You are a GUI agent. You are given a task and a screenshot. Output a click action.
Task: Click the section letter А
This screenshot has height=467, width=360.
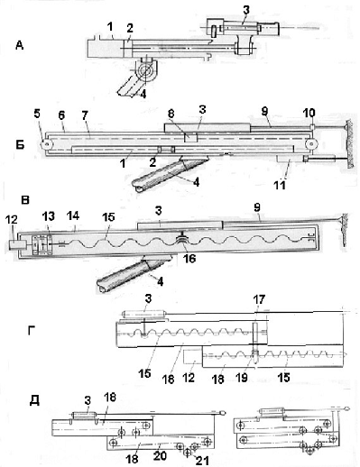point(20,46)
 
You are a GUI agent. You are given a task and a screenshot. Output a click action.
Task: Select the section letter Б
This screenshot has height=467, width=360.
point(20,145)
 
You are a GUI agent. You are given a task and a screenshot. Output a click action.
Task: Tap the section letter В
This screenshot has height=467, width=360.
point(25,200)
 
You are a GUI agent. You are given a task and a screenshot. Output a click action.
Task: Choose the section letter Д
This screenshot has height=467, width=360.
point(34,400)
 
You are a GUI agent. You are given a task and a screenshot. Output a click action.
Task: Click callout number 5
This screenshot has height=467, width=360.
point(37,115)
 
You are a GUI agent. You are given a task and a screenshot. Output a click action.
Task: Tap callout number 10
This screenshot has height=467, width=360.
point(309,113)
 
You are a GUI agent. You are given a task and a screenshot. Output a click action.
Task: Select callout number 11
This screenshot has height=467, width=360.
point(280,185)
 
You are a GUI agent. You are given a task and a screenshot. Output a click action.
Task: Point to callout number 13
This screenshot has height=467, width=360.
point(49,215)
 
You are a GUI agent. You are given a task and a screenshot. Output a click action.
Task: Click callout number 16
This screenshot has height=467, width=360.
point(189,258)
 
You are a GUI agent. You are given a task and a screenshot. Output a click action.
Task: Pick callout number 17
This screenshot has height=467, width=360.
point(259,299)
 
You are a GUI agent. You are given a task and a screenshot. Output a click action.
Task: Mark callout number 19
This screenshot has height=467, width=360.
point(242,378)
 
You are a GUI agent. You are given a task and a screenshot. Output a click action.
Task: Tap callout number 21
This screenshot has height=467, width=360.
point(202,460)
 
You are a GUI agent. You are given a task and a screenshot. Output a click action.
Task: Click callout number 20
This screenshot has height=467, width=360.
point(160,455)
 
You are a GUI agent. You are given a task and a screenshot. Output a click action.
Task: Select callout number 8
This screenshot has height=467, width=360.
point(171,115)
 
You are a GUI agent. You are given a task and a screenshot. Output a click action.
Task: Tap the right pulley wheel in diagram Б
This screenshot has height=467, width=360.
point(310,144)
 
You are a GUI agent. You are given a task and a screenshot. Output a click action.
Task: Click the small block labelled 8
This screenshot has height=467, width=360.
point(190,138)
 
